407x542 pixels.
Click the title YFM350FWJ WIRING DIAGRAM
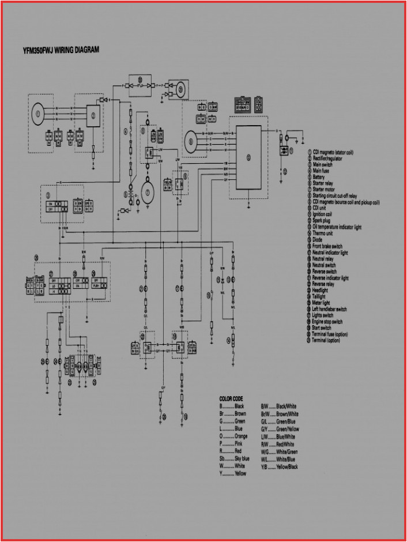click(61, 50)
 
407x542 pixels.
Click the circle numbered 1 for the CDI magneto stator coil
click(38, 114)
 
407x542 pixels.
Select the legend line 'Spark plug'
click(322, 221)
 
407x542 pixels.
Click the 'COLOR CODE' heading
click(231, 399)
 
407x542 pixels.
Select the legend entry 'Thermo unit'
click(323, 234)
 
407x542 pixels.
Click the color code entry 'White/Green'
click(287, 451)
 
